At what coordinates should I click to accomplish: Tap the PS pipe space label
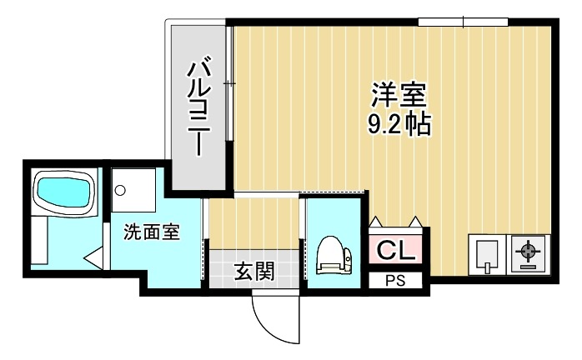click(x=396, y=282)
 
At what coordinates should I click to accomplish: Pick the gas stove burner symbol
click(x=529, y=251)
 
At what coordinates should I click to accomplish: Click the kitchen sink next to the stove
click(x=487, y=255)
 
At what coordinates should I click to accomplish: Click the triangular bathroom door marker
click(x=95, y=257)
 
